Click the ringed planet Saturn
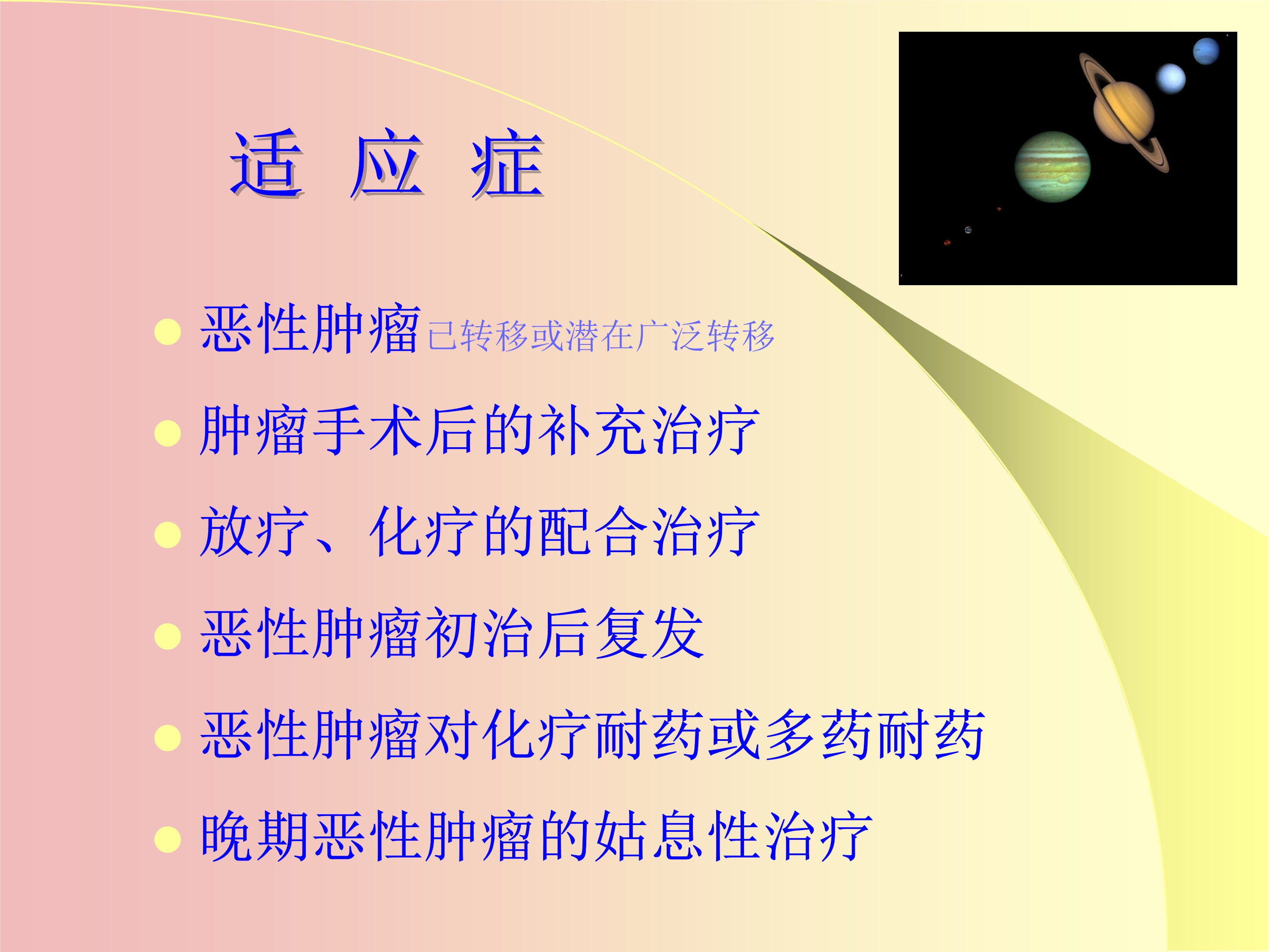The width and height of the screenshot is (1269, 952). pyautogui.click(x=1123, y=113)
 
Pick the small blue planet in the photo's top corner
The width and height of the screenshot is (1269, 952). pyautogui.click(x=1206, y=52)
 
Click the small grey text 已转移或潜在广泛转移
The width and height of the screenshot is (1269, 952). pyautogui.click(x=601, y=336)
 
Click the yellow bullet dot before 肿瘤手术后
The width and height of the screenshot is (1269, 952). pyautogui.click(x=168, y=433)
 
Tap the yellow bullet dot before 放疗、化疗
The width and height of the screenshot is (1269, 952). pyautogui.click(x=168, y=535)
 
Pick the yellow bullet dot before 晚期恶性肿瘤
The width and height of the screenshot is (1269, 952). pyautogui.click(x=168, y=839)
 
